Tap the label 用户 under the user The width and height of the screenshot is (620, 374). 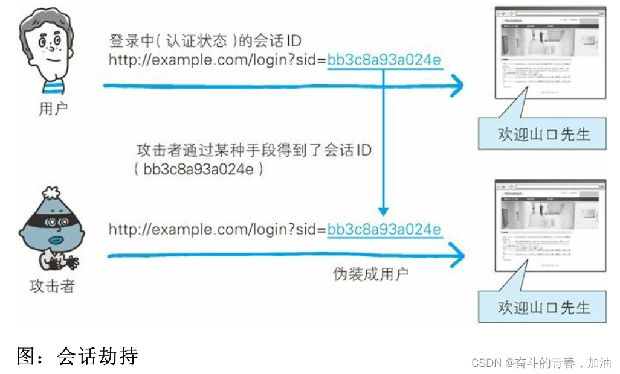point(52,109)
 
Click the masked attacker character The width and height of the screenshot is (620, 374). point(51,232)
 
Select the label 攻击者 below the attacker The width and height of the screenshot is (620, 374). point(52,286)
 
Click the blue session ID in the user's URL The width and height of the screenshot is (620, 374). point(384,60)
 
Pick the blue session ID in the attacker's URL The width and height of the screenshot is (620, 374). point(384,230)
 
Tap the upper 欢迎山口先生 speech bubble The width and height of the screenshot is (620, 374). point(543,134)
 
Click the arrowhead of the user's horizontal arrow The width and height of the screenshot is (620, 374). point(456,86)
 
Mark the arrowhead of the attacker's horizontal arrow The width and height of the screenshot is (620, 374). point(456,256)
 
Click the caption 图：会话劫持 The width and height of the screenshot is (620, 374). point(77,356)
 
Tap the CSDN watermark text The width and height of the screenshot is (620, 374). point(541,363)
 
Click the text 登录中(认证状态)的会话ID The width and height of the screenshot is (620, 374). point(205,42)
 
